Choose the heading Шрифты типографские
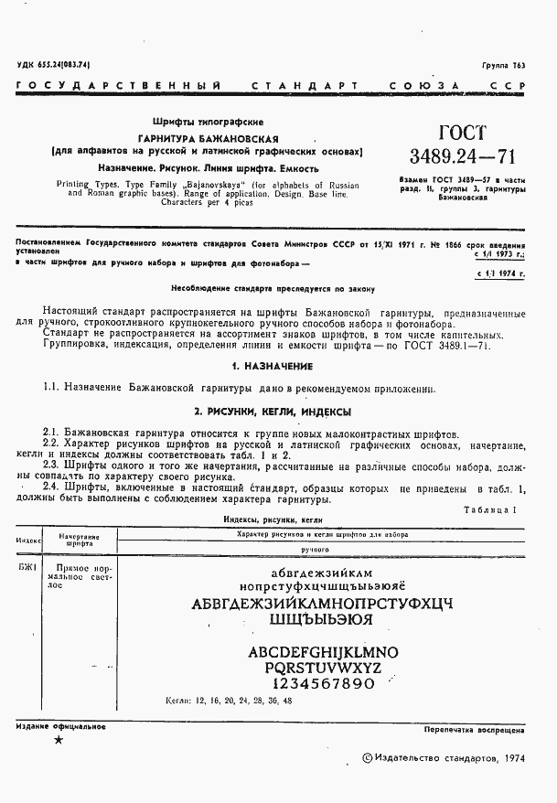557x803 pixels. point(208,122)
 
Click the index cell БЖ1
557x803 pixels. point(27,567)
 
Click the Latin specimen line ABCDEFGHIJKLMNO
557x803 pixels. point(324,652)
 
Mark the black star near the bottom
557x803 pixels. point(59,739)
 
